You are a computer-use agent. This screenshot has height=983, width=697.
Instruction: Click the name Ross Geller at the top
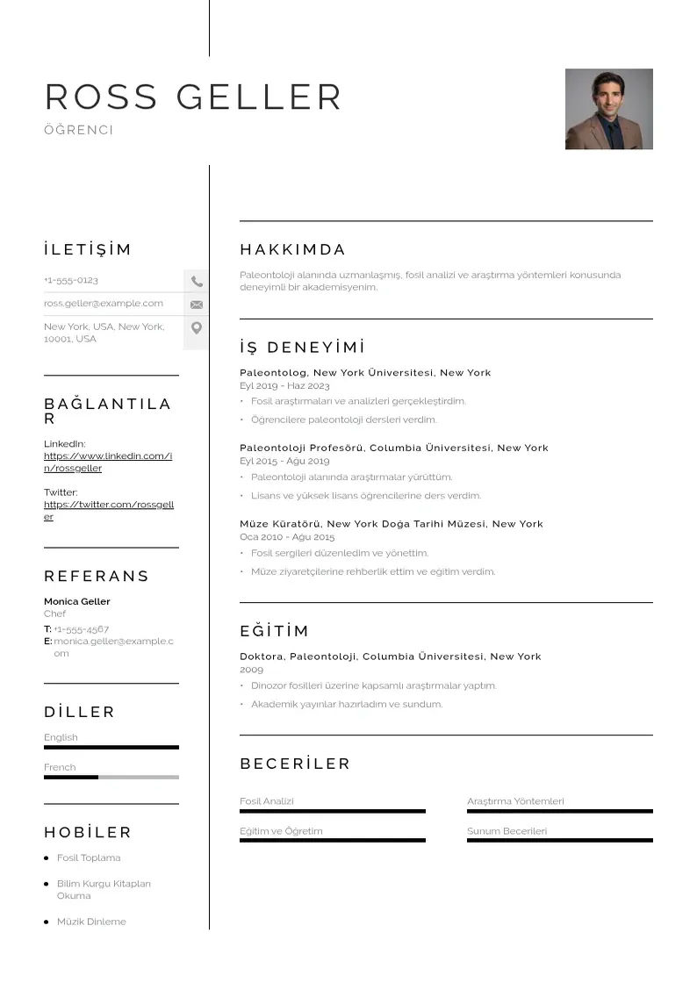click(x=193, y=97)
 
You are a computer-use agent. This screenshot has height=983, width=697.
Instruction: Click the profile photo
click(x=608, y=109)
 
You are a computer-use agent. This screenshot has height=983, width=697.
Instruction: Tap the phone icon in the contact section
click(x=197, y=282)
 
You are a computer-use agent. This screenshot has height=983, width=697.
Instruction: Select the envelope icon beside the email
click(x=197, y=305)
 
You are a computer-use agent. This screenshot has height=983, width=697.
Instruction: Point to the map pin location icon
click(x=197, y=328)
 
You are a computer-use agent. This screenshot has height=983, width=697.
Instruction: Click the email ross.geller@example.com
click(x=104, y=304)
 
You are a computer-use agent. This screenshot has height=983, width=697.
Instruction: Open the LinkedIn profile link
click(x=108, y=462)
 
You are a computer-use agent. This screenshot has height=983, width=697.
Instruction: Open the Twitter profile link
click(x=108, y=511)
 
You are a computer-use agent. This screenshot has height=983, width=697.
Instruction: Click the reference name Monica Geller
click(x=77, y=601)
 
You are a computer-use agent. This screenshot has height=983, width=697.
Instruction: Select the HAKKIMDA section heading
click(x=293, y=249)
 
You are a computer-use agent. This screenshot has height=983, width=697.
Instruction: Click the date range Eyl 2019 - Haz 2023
click(x=284, y=385)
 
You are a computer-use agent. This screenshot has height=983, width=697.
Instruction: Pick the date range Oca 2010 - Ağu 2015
click(x=287, y=536)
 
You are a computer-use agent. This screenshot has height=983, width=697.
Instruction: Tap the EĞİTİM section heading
click(x=275, y=631)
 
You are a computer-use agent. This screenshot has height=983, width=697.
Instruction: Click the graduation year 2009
click(x=251, y=670)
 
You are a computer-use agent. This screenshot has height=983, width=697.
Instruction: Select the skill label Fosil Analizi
click(x=267, y=801)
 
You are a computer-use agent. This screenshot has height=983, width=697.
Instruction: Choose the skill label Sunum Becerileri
click(x=507, y=831)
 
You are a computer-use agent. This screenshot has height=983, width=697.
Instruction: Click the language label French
click(x=60, y=767)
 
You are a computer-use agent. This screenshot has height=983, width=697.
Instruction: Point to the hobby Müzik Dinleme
click(x=91, y=922)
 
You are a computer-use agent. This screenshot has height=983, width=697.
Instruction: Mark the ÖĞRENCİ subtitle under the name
click(x=79, y=130)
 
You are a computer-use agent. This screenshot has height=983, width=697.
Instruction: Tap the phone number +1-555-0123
click(x=71, y=280)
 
